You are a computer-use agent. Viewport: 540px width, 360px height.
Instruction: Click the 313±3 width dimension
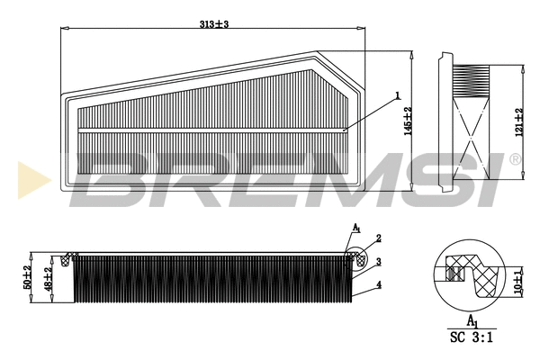[214, 23]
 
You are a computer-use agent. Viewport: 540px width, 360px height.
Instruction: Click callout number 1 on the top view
[395, 95]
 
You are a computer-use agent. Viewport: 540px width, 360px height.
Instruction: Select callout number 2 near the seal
[380, 238]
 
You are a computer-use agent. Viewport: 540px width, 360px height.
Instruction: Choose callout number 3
[380, 262]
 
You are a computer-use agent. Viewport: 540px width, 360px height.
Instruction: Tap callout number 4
[380, 285]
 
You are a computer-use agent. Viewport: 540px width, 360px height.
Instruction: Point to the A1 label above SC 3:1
[471, 319]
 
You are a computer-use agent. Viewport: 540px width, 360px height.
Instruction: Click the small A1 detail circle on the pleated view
[356, 259]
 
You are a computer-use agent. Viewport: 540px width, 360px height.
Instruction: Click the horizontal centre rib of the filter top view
[212, 130]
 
